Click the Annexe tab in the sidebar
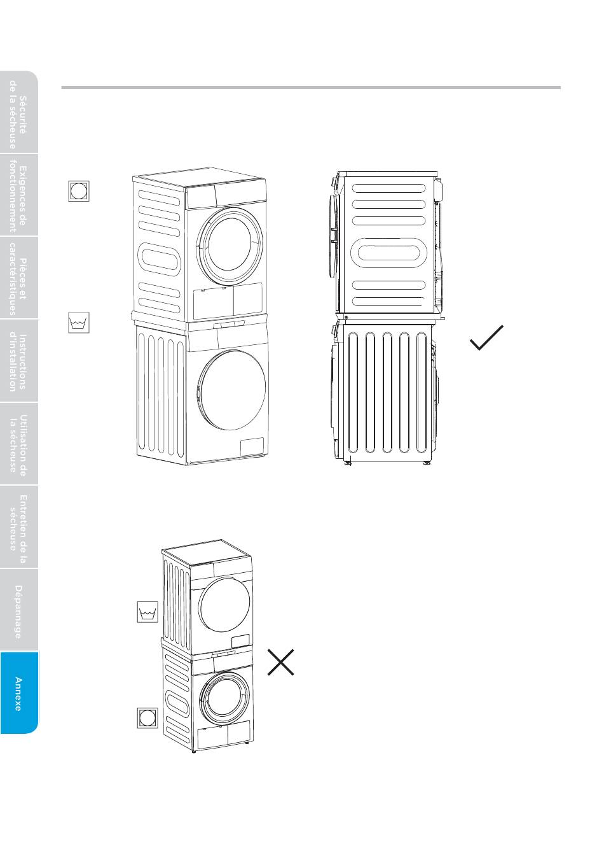pos(19,693)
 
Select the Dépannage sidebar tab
pos(19,610)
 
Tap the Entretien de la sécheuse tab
pos(19,527)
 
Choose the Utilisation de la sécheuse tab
pos(19,444)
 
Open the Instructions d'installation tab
pos(19,361)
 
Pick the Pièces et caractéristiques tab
pos(19,278)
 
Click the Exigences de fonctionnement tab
pos(19,195)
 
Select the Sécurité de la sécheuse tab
pos(19,113)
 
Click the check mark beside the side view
pos(486,337)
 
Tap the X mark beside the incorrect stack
pos(281,662)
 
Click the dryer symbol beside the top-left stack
pos(79,191)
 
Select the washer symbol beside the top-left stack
pos(79,323)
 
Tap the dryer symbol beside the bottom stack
pos(148,717)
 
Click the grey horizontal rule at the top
pos(311,87)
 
